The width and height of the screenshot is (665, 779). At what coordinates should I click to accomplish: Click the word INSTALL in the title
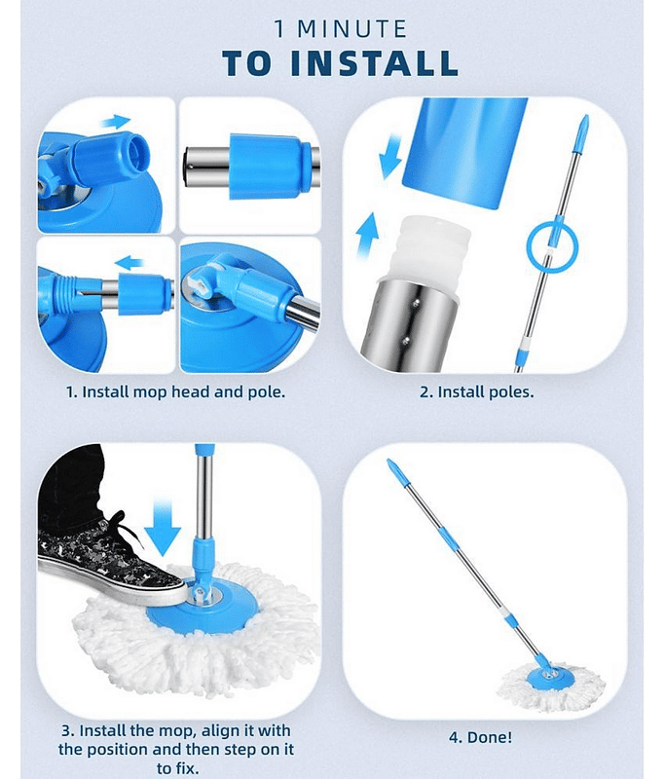coord(374,63)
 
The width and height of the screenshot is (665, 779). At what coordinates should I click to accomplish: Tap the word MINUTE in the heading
coord(352,29)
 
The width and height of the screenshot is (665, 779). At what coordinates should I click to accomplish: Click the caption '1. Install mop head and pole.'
coord(176,392)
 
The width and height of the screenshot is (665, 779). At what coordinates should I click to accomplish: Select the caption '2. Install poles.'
coord(477,392)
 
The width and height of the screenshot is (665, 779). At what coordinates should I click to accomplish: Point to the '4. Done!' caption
coord(480,737)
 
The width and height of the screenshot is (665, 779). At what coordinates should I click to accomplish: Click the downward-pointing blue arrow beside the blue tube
coord(390,156)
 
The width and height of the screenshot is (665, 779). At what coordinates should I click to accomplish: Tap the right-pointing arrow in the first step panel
coord(115,121)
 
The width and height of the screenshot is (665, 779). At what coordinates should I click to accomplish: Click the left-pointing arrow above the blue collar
coord(129,262)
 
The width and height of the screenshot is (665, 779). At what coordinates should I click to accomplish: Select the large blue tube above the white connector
coord(464,152)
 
